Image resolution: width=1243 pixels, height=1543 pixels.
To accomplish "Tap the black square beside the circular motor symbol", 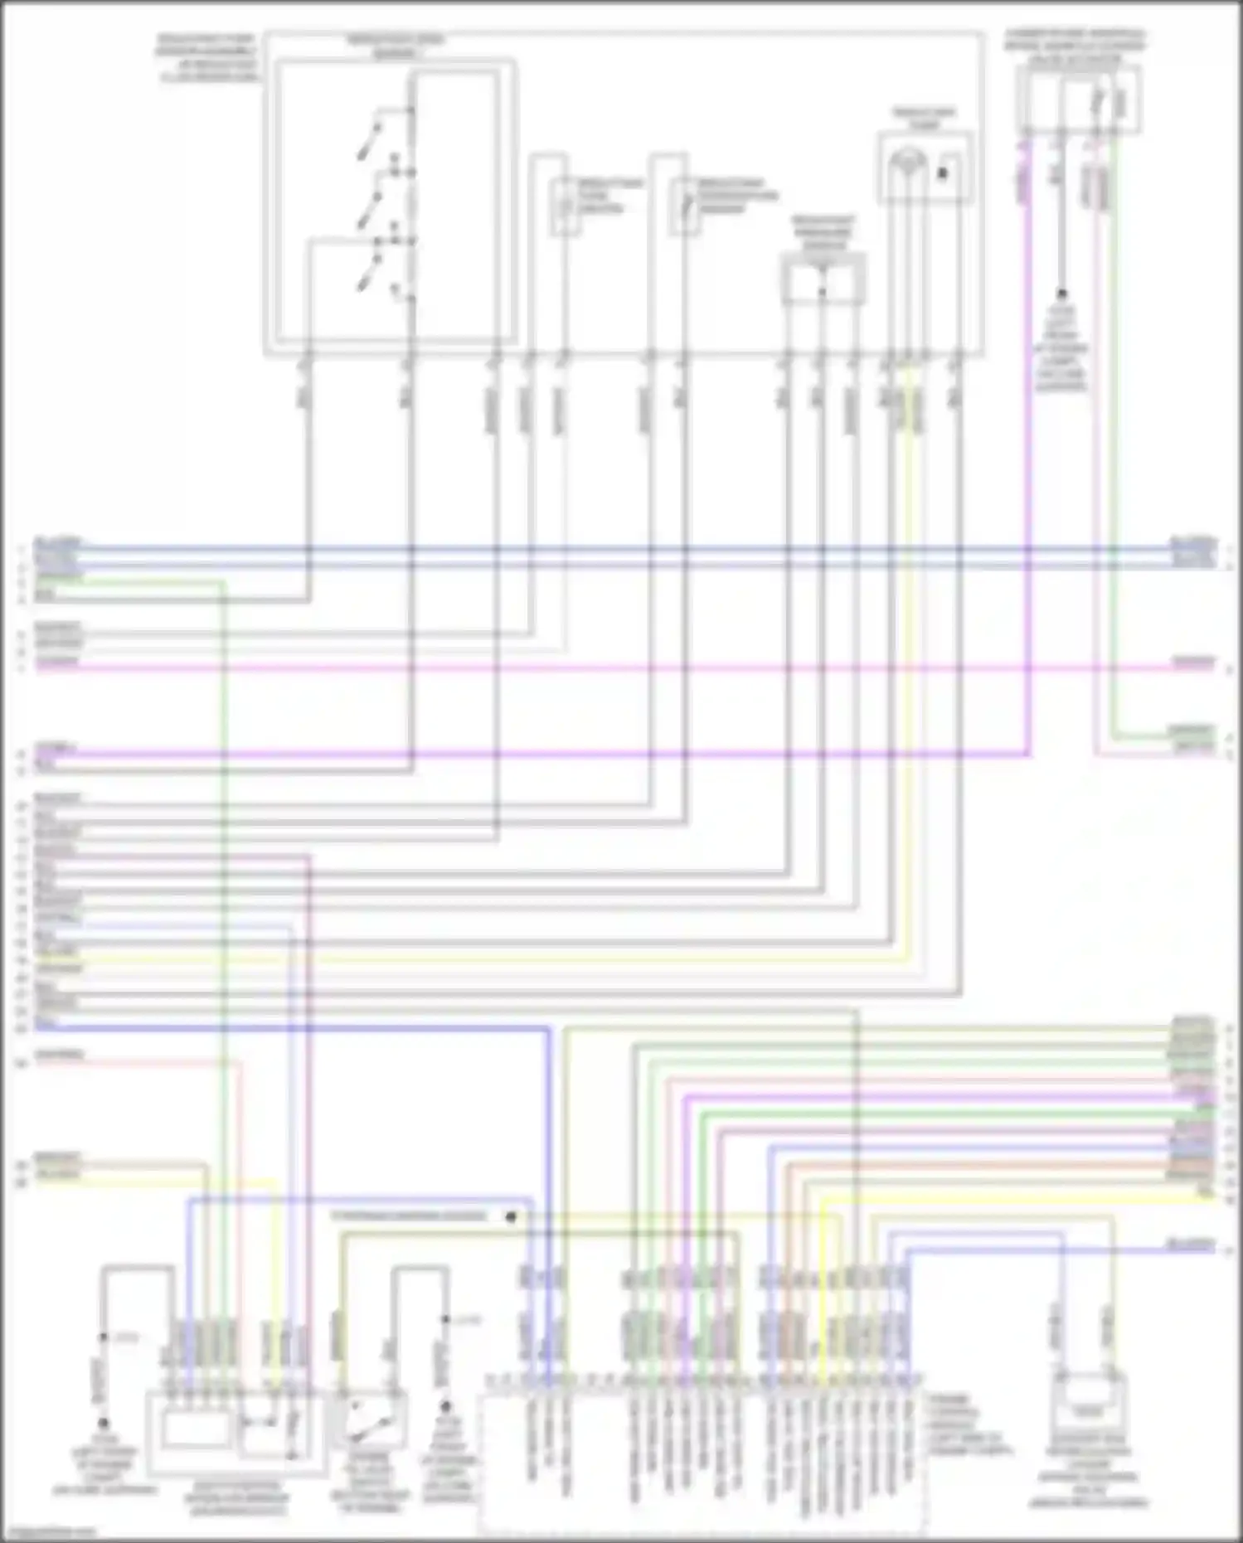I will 943,173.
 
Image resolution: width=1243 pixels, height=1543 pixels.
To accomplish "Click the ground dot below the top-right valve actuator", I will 1061,294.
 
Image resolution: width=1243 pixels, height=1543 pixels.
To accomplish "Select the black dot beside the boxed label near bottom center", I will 511,1217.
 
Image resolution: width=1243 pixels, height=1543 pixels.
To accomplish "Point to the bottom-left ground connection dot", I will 104,1424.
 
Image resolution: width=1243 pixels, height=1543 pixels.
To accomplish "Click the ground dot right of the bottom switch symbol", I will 445,1406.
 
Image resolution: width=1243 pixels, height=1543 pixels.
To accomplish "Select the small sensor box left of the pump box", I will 823,280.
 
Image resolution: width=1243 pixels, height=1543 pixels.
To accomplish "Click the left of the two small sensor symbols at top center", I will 566,205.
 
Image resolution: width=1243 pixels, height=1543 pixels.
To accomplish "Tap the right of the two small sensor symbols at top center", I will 685,205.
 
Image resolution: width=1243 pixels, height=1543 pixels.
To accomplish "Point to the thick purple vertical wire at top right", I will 1027,456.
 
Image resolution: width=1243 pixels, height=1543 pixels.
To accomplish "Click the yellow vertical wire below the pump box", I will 911,663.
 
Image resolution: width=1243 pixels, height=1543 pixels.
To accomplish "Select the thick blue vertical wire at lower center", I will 548,1161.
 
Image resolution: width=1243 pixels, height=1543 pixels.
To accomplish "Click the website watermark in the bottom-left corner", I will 50,1532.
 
